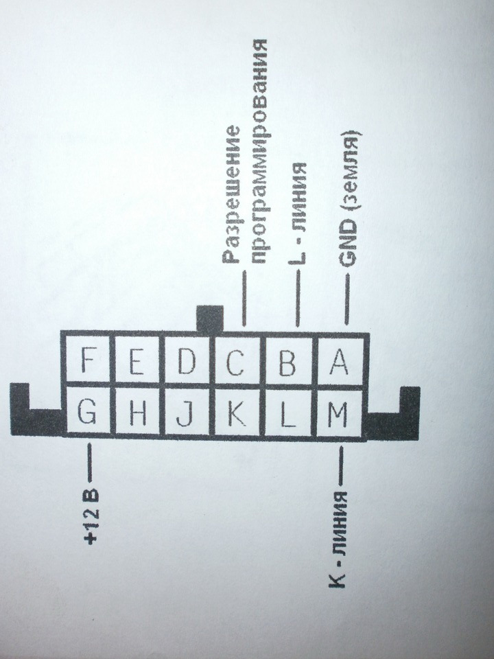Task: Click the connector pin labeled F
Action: tap(87, 360)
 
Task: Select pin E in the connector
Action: tap(137, 360)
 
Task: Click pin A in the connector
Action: tap(338, 362)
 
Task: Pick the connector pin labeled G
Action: tap(87, 412)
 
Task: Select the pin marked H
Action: tap(137, 412)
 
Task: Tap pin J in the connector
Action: tap(187, 413)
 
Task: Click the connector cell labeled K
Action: tap(237, 413)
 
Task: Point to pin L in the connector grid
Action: tap(288, 413)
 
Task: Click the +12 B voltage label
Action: tap(91, 516)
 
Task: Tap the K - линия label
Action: tap(338, 540)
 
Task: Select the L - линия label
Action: tap(298, 214)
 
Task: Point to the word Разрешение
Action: tap(232, 194)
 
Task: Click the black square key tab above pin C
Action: tap(210, 319)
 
